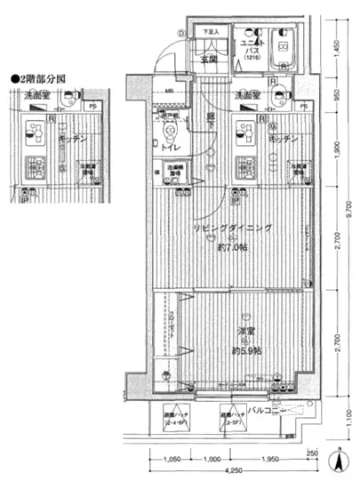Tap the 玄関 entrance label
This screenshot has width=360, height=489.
click(x=208, y=60)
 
